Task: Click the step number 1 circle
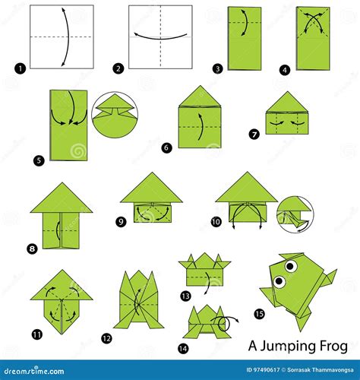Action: [18, 68]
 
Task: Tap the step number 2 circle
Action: [118, 68]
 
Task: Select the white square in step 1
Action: [62, 37]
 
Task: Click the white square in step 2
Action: [159, 37]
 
